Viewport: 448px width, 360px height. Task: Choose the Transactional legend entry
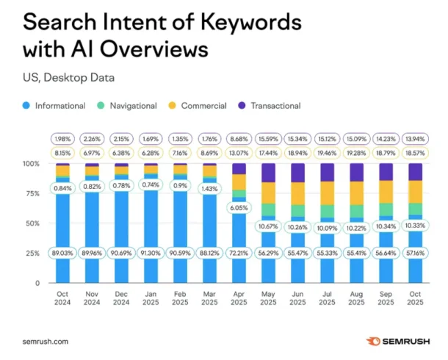click(x=274, y=106)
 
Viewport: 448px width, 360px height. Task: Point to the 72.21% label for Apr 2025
click(x=237, y=253)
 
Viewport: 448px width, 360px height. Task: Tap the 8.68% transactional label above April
click(x=237, y=139)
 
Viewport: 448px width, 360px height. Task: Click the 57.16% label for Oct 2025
click(x=414, y=253)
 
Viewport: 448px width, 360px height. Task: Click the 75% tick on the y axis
click(x=32, y=193)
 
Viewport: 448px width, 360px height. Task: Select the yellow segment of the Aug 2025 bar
click(x=355, y=192)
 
